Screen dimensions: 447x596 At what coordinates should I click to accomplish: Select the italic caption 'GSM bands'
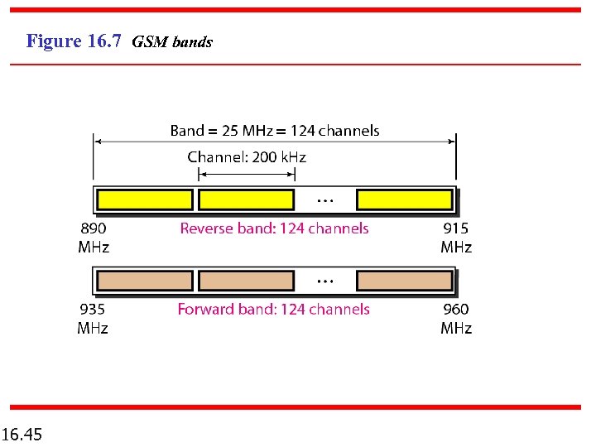172,42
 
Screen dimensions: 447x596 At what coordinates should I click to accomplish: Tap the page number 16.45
22,434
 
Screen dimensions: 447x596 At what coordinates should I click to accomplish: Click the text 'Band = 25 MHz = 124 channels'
275,131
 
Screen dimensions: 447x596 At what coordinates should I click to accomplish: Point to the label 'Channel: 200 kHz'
247,157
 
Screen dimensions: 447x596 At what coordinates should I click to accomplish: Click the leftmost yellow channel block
145,199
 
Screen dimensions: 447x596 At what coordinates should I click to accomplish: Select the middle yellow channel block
247,199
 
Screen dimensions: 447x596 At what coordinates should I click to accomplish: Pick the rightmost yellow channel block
405,199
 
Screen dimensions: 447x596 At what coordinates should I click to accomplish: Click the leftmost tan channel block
145,281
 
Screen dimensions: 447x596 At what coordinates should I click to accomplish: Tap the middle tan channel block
247,281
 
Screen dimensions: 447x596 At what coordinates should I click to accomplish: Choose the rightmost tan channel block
405,281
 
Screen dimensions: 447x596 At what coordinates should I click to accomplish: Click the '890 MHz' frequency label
94,238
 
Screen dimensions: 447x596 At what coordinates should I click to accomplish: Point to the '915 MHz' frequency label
456,238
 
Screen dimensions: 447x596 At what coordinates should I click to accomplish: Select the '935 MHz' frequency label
93,319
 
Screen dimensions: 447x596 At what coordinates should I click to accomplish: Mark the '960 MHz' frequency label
456,319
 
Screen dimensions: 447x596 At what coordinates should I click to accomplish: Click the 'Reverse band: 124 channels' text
274,228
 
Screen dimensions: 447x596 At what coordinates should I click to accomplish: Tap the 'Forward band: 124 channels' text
274,310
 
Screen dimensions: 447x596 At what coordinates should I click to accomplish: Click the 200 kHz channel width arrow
247,174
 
